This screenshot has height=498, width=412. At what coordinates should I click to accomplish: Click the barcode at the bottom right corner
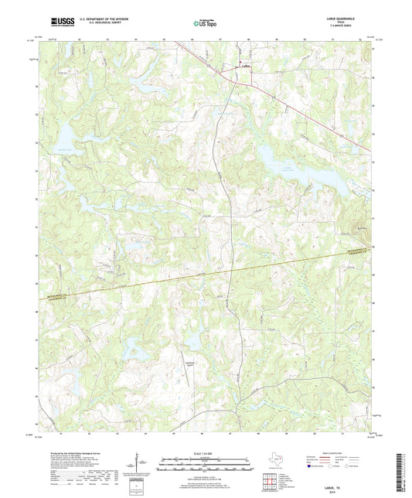(x=402, y=468)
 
